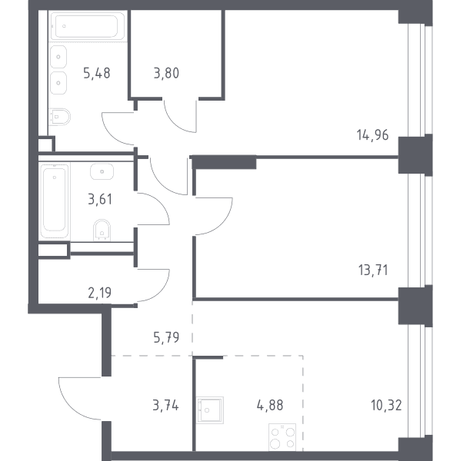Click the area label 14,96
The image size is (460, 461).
(x=372, y=135)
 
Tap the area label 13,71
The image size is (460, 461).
(x=373, y=270)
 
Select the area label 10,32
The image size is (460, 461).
(x=386, y=406)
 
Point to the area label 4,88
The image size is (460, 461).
(x=270, y=406)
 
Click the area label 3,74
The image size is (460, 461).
(x=165, y=406)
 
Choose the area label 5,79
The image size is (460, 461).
(x=166, y=337)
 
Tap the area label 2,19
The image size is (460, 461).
(x=100, y=293)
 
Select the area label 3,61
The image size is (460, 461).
(x=100, y=199)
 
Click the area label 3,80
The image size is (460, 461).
(x=166, y=73)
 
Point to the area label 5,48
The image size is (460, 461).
(x=97, y=73)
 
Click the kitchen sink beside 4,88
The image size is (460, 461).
(x=210, y=410)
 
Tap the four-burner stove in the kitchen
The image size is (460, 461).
(x=282, y=437)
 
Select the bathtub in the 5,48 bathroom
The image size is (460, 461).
(x=87, y=26)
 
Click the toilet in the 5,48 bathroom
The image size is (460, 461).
(x=60, y=117)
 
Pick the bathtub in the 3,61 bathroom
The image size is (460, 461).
(x=55, y=201)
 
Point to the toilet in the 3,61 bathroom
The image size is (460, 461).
(x=102, y=230)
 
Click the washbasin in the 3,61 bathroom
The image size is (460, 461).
(x=102, y=171)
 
